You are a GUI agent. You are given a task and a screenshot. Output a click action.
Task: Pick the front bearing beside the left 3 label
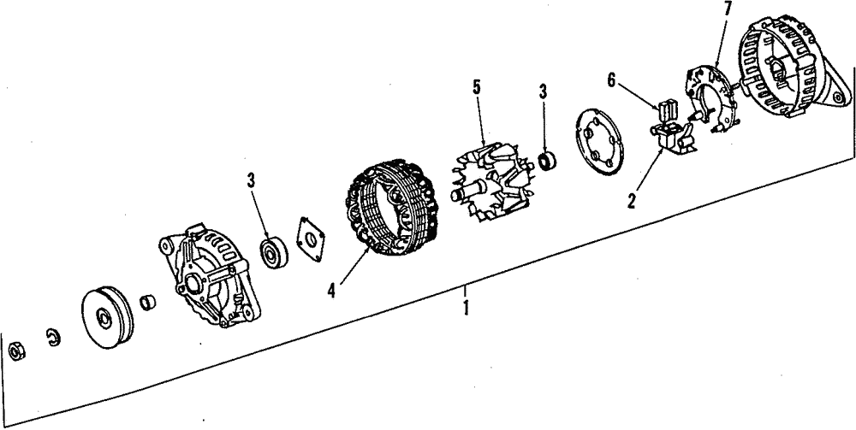point(274,251)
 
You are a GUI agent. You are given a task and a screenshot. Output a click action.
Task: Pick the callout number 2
point(631,202)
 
